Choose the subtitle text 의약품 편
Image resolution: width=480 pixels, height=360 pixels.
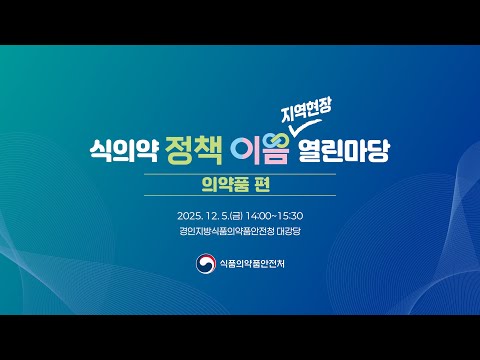(240, 186)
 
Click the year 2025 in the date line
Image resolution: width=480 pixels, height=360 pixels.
(188, 215)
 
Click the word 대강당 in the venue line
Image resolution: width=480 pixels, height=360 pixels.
(300, 231)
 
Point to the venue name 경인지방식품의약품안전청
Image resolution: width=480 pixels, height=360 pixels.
(226, 231)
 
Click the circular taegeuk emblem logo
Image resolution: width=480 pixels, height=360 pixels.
(206, 264)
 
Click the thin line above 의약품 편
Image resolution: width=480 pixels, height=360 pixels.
(240, 174)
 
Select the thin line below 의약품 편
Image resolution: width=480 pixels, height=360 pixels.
(240, 198)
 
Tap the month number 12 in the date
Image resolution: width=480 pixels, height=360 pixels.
(213, 215)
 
